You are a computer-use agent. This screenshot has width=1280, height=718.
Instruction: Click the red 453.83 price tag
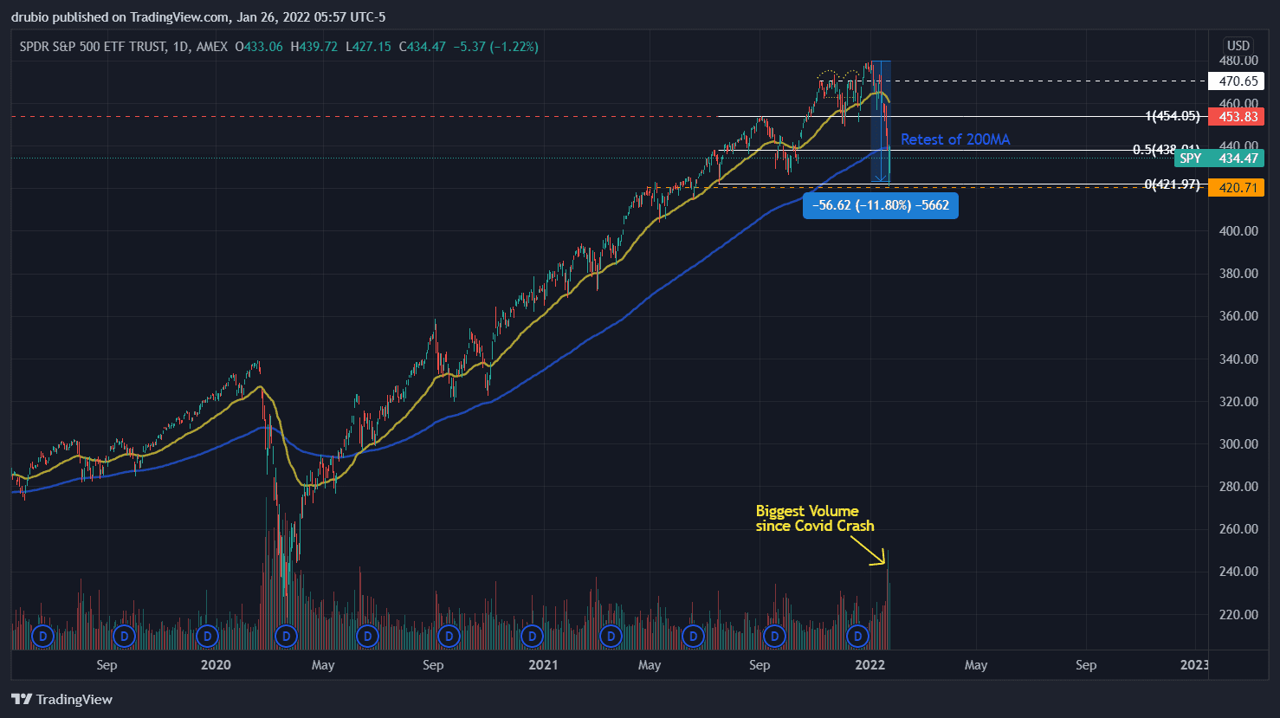[1236, 117]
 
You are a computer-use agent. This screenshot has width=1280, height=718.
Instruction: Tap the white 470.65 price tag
[1236, 81]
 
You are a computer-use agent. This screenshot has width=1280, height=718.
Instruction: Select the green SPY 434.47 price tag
[1219, 158]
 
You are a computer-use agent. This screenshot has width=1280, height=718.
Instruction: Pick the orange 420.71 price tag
[1236, 188]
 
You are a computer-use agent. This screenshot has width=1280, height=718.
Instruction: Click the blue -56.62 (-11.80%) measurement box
[880, 205]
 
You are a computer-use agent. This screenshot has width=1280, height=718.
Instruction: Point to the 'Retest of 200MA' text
[954, 139]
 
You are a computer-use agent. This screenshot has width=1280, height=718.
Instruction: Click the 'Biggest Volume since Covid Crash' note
[814, 518]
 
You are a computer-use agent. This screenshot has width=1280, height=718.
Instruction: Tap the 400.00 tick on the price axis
[1238, 231]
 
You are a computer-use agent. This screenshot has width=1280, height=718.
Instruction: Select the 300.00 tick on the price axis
[1238, 444]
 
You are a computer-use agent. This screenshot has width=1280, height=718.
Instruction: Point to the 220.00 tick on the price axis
[1238, 615]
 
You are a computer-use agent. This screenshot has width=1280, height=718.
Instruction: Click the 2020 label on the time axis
[216, 665]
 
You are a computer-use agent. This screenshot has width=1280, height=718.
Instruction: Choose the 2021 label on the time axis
[543, 665]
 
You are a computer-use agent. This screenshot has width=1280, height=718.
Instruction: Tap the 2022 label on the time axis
[869, 665]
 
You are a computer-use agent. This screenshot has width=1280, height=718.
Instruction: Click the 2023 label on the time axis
[1194, 665]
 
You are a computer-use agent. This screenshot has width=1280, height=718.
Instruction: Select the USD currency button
[1238, 46]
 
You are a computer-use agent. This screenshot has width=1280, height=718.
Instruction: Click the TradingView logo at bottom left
[62, 700]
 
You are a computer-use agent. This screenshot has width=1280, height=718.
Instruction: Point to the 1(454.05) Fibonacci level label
[1172, 116]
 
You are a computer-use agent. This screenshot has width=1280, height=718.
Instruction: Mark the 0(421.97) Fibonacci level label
[1172, 184]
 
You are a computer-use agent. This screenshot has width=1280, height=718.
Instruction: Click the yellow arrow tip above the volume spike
[884, 564]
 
